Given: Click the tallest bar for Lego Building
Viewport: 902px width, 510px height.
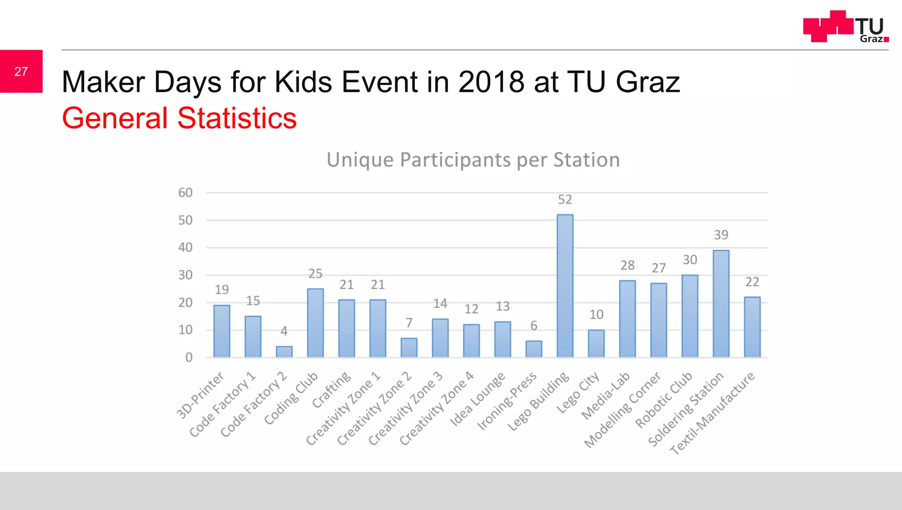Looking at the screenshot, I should [x=565, y=286].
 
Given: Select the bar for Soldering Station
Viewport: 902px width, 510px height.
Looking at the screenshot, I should [x=721, y=304].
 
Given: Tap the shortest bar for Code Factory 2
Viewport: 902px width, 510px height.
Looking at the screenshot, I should [x=284, y=351].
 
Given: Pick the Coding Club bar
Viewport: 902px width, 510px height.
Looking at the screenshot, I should [x=315, y=323].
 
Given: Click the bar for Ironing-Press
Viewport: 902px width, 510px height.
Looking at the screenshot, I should [x=534, y=349].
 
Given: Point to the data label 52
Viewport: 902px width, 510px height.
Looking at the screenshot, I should [x=565, y=200].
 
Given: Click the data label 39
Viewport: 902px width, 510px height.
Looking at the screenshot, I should [x=721, y=235].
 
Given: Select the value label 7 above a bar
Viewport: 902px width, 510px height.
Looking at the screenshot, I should [x=409, y=323].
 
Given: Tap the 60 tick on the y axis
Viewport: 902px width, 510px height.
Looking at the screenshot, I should [x=185, y=192].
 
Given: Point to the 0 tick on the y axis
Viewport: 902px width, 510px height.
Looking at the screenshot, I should [x=189, y=357].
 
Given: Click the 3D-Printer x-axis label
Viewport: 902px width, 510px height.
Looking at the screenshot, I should [x=200, y=395].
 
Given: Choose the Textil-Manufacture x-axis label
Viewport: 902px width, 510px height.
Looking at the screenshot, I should [x=713, y=413].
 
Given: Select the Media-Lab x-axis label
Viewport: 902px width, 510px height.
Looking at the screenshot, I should [x=606, y=396].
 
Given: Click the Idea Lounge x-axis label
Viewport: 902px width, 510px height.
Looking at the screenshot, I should [x=477, y=399].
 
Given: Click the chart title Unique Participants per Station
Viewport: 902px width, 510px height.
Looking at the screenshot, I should [x=473, y=159].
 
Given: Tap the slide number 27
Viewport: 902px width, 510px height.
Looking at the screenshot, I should [x=21, y=71].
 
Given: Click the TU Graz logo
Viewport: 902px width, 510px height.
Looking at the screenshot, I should [x=846, y=26].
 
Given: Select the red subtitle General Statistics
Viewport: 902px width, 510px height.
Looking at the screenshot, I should [x=179, y=118].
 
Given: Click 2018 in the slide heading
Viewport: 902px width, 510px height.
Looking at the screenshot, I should [x=491, y=82].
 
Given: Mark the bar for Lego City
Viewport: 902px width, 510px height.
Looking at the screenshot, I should [x=596, y=344].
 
